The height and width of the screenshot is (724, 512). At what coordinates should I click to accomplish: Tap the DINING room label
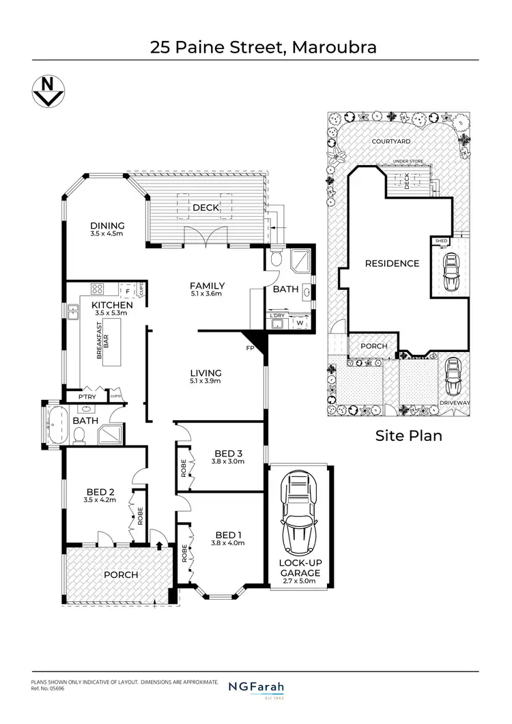click(107, 226)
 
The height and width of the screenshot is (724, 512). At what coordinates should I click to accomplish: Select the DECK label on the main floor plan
click(205, 207)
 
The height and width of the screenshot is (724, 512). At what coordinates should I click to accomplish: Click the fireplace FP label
click(250, 348)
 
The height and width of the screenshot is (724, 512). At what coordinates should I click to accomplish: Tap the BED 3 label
click(228, 453)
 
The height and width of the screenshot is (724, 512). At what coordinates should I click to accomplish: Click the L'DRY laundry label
click(276, 315)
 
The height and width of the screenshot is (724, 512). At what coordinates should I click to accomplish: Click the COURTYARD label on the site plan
click(390, 141)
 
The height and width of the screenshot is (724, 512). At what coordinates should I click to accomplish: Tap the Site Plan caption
click(409, 435)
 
